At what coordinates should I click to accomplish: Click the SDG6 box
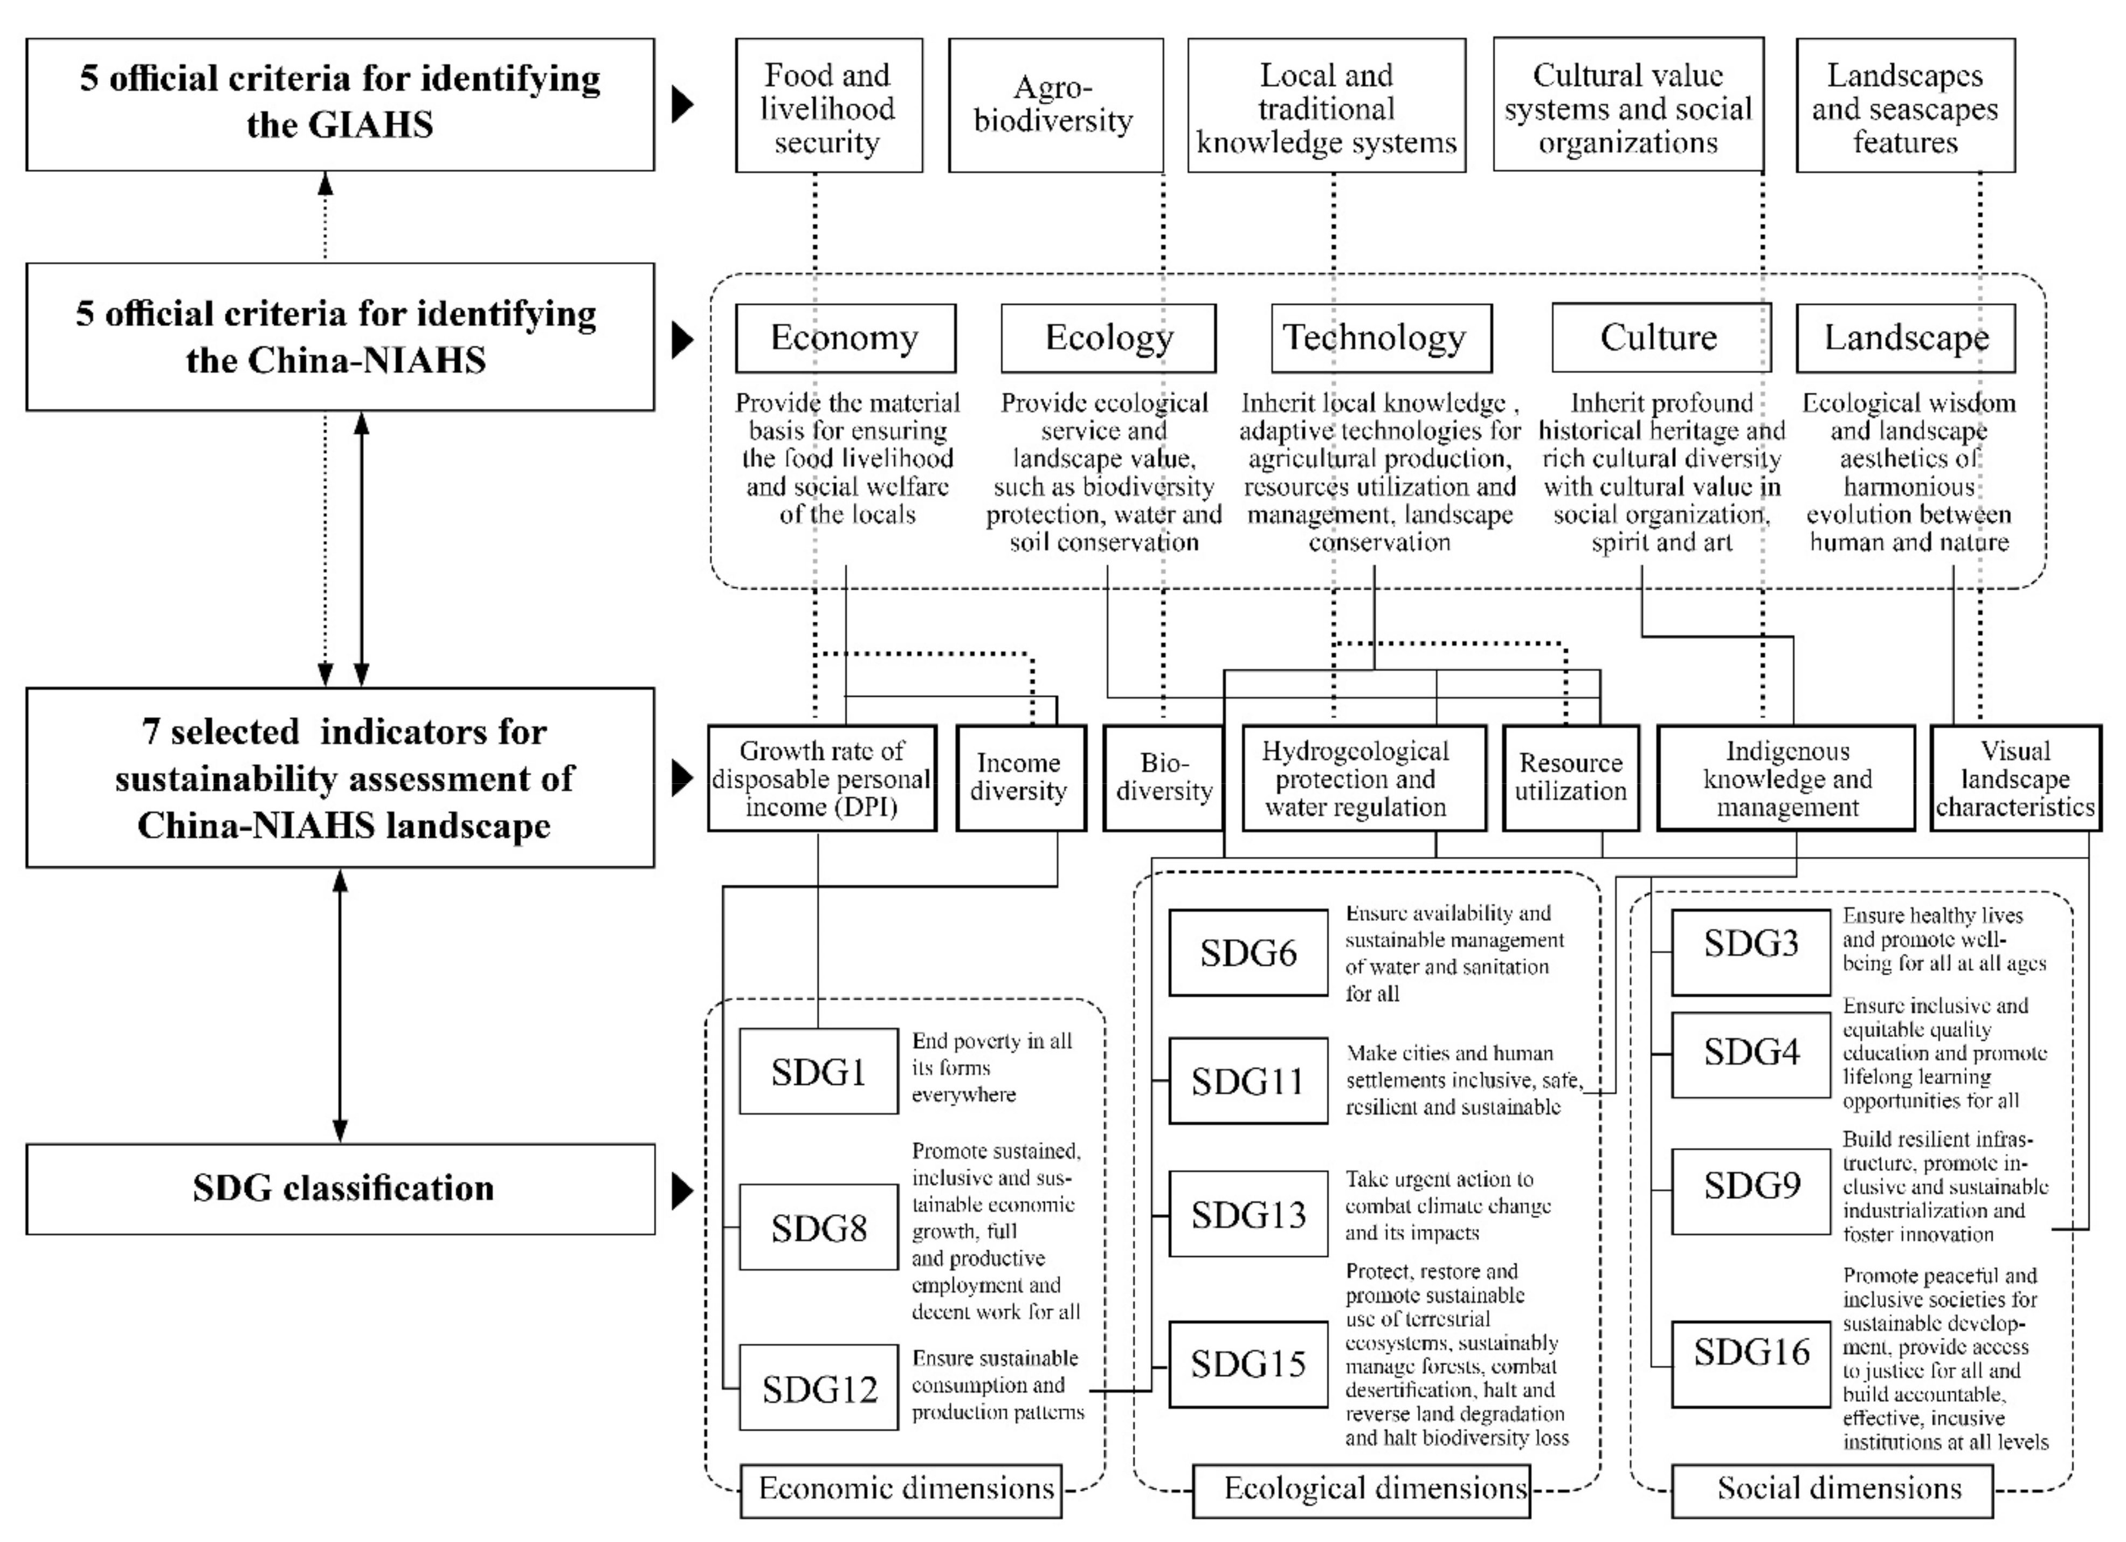point(1248,952)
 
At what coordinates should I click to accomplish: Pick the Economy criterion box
point(845,338)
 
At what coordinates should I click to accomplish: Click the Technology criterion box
point(1381,338)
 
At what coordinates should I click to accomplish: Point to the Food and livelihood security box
point(828,106)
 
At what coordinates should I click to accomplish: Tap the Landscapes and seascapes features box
point(1905,106)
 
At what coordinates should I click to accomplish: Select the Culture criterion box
point(1660,338)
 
